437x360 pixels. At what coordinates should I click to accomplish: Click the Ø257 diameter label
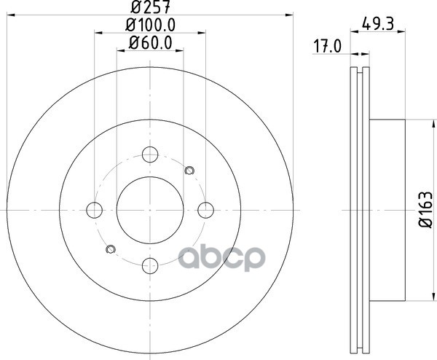pos(150,7)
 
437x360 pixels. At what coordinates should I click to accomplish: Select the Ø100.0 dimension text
pos(150,25)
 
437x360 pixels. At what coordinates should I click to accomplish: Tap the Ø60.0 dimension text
pos(150,43)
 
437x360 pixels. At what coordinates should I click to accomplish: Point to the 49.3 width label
pos(377,24)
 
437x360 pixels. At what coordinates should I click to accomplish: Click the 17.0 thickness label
pos(328,47)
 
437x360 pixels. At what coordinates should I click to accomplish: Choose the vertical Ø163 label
pos(426,209)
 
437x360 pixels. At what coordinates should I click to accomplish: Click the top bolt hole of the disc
pos(150,154)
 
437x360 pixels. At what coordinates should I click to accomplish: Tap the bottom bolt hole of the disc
pos(150,266)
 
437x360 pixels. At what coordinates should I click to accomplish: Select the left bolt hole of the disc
pos(94,210)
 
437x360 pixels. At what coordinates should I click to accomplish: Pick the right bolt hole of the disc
pos(205,210)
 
